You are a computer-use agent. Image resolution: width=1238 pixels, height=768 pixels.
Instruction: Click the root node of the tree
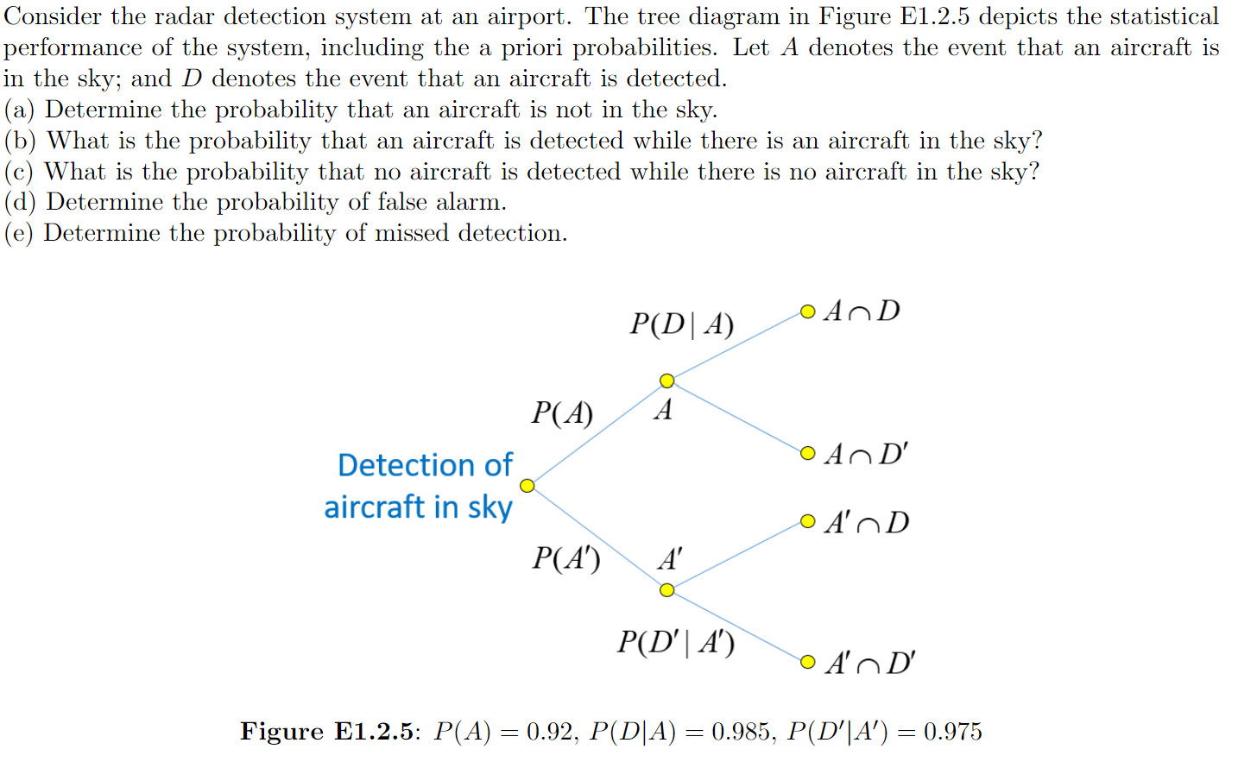coord(527,486)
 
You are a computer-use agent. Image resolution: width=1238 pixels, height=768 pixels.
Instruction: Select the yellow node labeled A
coord(666,381)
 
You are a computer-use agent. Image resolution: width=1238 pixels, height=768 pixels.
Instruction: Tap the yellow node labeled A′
coord(666,590)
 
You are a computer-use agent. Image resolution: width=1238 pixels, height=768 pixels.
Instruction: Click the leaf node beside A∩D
coord(807,312)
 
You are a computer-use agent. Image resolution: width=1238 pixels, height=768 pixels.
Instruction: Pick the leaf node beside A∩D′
coord(807,453)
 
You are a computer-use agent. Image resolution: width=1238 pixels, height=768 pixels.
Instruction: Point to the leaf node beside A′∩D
coord(807,521)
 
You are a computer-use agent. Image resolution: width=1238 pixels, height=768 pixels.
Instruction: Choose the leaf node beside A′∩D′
coord(807,662)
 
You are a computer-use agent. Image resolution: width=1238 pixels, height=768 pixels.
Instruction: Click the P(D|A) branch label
coord(681,324)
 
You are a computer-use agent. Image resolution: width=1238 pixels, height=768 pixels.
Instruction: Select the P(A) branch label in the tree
coord(562,413)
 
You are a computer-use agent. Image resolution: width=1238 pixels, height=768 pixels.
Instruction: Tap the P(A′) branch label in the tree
coord(565,559)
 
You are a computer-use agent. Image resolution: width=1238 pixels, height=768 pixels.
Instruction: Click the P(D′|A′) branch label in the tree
coord(675,643)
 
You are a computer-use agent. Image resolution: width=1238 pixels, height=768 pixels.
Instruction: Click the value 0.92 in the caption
coord(550,732)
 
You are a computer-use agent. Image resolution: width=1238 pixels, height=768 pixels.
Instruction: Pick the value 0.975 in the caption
coord(952,732)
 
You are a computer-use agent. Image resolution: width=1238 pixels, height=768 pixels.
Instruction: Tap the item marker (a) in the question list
coord(19,110)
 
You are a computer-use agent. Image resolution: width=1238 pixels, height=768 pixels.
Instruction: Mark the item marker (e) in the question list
coord(19,234)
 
